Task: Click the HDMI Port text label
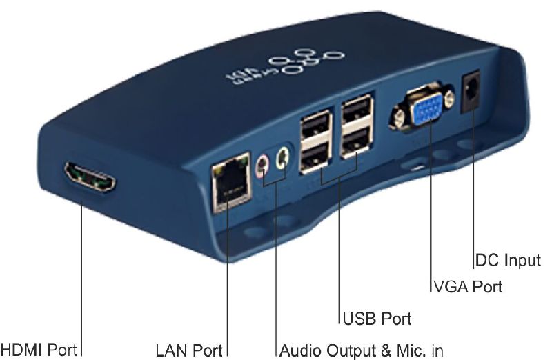(39, 349)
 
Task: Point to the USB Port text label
(377, 319)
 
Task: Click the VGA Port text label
(466, 286)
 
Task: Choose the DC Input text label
(509, 260)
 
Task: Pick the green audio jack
(281, 159)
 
